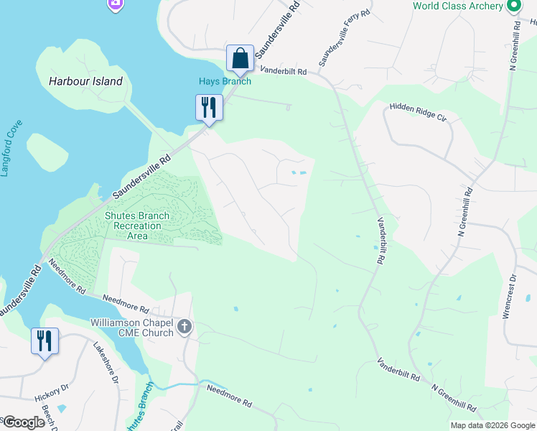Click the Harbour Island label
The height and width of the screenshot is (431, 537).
click(x=85, y=81)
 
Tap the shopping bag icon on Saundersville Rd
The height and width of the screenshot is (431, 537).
click(x=240, y=58)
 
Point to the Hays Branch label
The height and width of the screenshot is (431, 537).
click(x=225, y=81)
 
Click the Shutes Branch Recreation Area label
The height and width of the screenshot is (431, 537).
click(x=137, y=226)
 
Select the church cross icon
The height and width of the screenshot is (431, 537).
click(x=185, y=328)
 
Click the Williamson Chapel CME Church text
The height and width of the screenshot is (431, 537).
click(x=132, y=328)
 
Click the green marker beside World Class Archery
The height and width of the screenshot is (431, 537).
click(x=513, y=6)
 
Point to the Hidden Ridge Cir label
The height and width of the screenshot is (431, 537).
click(x=418, y=111)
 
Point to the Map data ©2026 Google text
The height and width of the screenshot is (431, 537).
click(x=492, y=425)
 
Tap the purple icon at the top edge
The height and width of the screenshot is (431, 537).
click(x=115, y=5)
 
